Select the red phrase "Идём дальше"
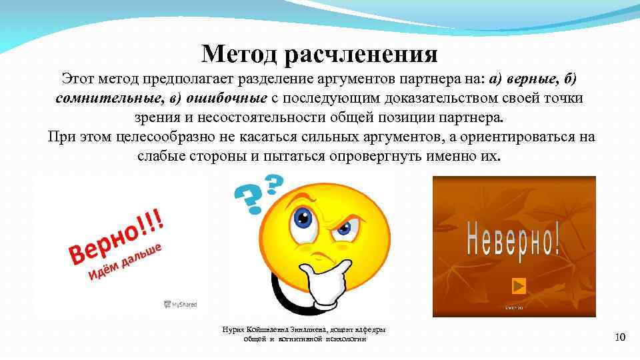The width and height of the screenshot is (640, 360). [125, 263]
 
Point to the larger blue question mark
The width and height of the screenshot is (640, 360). [247, 197]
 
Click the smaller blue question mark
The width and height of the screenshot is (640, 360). [274, 183]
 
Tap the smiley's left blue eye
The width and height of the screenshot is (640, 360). [304, 217]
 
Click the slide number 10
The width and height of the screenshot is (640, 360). [619, 338]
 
